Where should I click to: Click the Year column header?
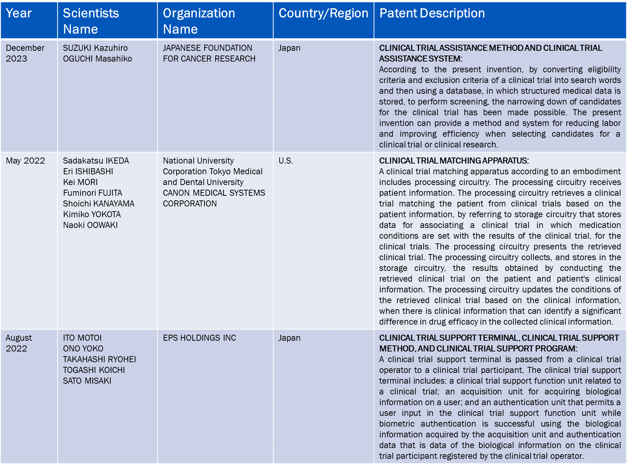(x=19, y=13)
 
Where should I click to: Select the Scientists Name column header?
(x=91, y=21)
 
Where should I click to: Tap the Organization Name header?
(x=199, y=21)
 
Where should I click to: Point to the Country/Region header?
(x=323, y=13)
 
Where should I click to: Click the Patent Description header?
(x=432, y=13)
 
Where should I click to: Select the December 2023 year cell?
(x=25, y=53)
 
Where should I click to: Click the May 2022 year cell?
(x=25, y=161)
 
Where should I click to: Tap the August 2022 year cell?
(x=19, y=343)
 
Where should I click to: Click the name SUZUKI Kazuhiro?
(x=95, y=48)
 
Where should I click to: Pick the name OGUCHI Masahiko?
(x=97, y=59)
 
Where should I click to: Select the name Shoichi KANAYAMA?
(x=98, y=204)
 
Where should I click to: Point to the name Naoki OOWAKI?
(x=90, y=225)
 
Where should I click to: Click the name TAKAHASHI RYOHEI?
(x=100, y=359)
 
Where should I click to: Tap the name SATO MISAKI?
(x=87, y=381)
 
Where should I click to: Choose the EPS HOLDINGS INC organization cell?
(x=199, y=338)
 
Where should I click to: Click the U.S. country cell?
(x=286, y=161)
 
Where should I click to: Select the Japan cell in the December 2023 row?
(x=289, y=48)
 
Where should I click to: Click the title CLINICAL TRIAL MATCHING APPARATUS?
(x=454, y=161)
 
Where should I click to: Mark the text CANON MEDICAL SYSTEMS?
(x=214, y=193)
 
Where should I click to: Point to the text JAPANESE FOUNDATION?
(x=207, y=48)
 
